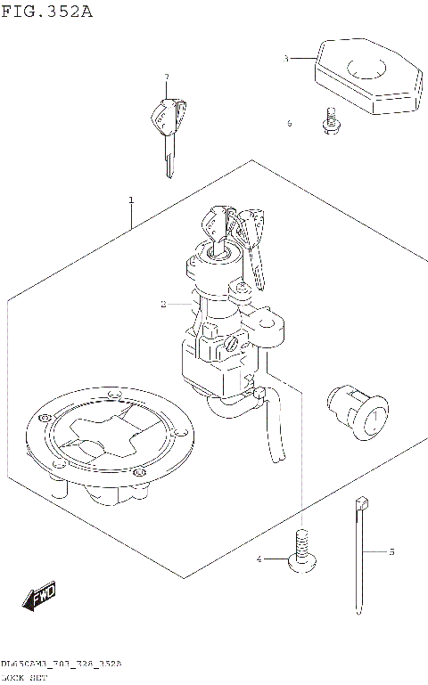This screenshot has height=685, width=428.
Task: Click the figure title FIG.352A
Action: (46, 12)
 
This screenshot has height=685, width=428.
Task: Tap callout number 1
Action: (131, 200)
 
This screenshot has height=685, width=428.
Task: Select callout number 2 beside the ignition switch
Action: (163, 305)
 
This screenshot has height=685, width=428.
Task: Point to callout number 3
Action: (285, 58)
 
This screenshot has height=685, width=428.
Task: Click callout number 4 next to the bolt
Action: (259, 559)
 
